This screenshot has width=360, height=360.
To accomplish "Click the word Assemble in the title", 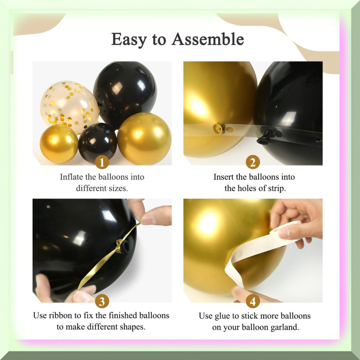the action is pyautogui.click(x=208, y=39).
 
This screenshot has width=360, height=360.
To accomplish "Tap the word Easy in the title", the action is pyautogui.click(x=129, y=40).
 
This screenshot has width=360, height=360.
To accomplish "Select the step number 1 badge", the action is pyautogui.click(x=102, y=162).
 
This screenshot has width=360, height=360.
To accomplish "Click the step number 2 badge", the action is pyautogui.click(x=253, y=162).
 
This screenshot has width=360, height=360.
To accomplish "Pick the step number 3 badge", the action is pyautogui.click(x=102, y=301).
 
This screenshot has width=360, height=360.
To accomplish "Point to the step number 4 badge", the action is pyautogui.click(x=253, y=301).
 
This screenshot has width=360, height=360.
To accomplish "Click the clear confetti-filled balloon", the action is pyautogui.click(x=69, y=106).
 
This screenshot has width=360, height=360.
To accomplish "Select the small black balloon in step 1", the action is pyautogui.click(x=98, y=143).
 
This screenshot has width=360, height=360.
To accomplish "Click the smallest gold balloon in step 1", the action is pyautogui.click(x=59, y=144).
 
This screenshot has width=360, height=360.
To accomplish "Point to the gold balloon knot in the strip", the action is pyautogui.click(x=219, y=129).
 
